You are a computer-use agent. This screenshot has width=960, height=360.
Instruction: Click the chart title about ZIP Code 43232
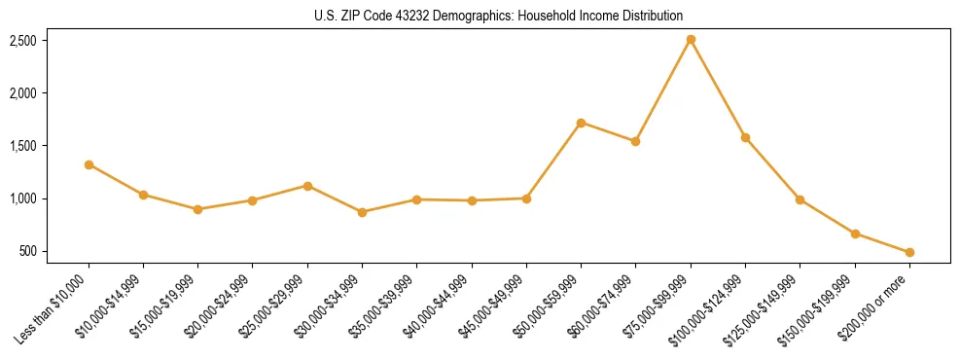(x=499, y=16)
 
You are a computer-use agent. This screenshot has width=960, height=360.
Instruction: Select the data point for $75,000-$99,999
(x=691, y=40)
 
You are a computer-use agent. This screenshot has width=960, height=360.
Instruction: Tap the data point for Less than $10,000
(x=89, y=164)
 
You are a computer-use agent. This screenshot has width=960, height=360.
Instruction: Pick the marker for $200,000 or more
(x=909, y=252)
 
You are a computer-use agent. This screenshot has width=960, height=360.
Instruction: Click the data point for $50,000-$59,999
(x=581, y=123)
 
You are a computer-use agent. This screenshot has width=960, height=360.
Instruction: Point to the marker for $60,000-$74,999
(x=635, y=141)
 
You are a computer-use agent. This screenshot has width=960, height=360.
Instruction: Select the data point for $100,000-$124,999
(x=745, y=137)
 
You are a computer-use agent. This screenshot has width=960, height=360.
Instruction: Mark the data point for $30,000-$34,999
(x=362, y=212)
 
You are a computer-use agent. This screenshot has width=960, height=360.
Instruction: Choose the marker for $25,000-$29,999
(x=307, y=186)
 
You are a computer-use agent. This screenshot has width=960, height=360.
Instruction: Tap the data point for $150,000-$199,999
(x=855, y=234)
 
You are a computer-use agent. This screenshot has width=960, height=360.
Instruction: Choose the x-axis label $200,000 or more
(x=873, y=309)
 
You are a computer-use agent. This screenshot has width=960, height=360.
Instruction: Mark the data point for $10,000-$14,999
(x=143, y=195)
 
